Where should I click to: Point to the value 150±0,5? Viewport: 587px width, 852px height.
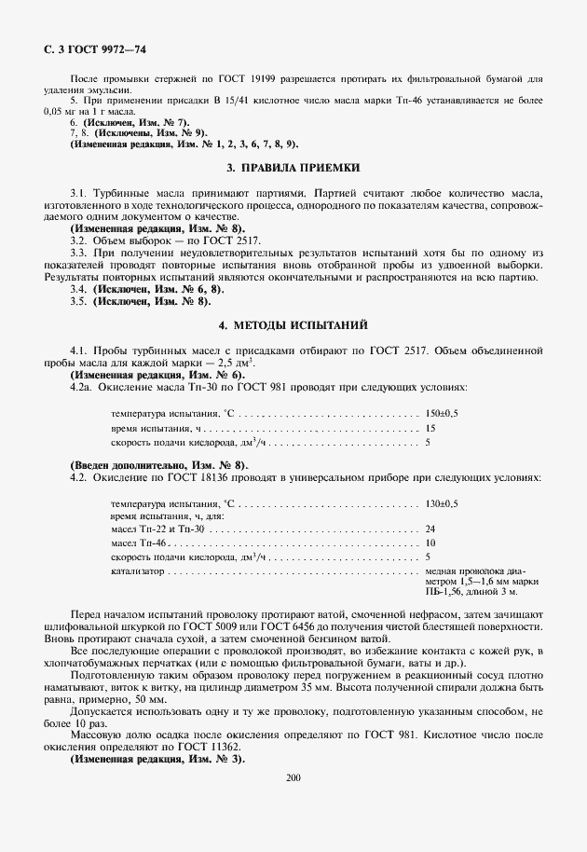point(442,412)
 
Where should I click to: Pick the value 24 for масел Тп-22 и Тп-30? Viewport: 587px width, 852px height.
point(430,529)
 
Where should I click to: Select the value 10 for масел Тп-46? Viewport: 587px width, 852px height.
point(430,543)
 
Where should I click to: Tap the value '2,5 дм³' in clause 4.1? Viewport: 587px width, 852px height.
point(236,362)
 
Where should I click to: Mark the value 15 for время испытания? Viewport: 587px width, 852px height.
point(430,427)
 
